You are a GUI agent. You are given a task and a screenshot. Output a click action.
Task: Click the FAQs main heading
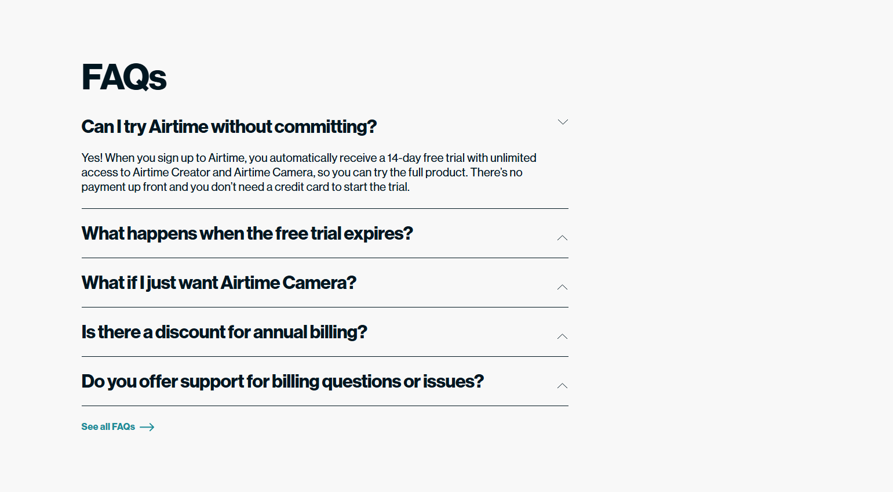[124, 77]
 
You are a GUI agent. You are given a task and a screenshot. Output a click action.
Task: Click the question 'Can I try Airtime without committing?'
[229, 126]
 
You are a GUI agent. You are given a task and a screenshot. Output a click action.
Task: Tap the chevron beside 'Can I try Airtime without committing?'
[562, 122]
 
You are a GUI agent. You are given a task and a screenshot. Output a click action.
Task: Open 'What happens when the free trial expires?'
[247, 233]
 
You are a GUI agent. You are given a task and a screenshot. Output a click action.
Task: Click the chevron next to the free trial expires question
[562, 238]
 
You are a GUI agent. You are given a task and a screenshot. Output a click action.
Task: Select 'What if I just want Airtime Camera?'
[218, 283]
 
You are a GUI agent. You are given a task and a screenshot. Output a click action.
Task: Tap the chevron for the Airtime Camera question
[562, 287]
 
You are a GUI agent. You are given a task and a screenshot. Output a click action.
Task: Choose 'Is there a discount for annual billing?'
[224, 332]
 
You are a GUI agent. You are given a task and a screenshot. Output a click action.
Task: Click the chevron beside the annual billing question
[562, 337]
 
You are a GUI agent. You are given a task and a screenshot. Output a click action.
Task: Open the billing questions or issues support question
[282, 381]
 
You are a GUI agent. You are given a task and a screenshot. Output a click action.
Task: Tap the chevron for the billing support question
[562, 386]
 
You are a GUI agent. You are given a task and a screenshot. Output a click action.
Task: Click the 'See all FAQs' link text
[108, 427]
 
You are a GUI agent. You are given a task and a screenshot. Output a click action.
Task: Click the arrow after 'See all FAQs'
[147, 427]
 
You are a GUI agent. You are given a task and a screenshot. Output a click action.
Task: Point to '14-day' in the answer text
[403, 158]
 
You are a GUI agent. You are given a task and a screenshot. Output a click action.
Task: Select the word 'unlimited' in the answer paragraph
[513, 158]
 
